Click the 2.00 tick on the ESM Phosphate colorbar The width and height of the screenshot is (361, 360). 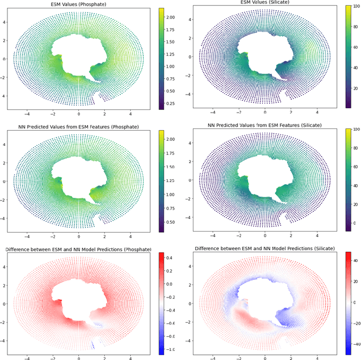point(169,17)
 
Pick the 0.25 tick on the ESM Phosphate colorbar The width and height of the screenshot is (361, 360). point(169,104)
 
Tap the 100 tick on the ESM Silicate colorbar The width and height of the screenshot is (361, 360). point(356,6)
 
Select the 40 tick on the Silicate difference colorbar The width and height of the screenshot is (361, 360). point(355,261)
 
